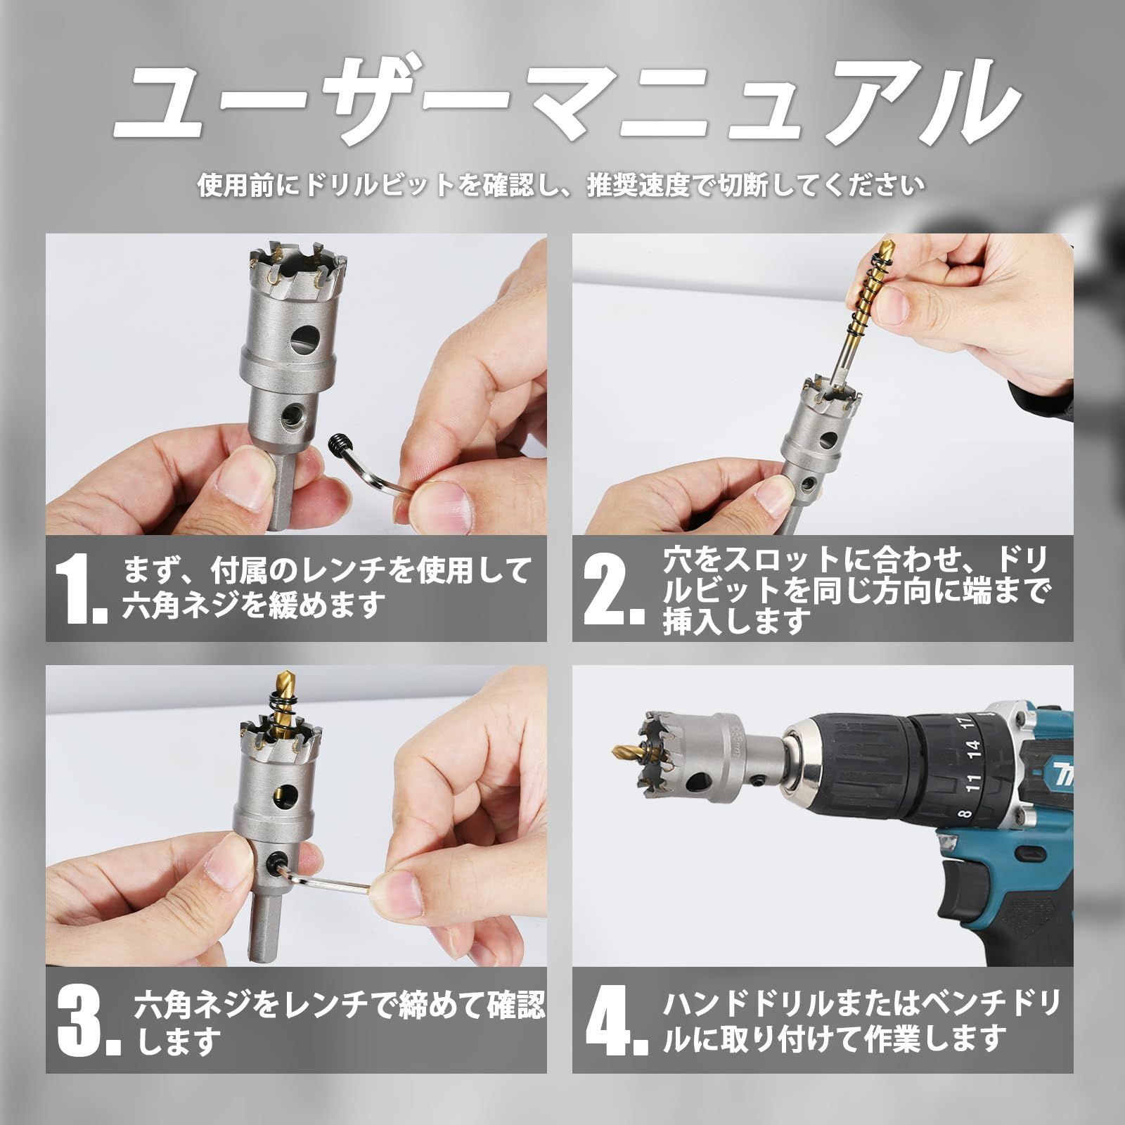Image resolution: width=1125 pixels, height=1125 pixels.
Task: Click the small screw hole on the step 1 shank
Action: [x=290, y=418]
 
